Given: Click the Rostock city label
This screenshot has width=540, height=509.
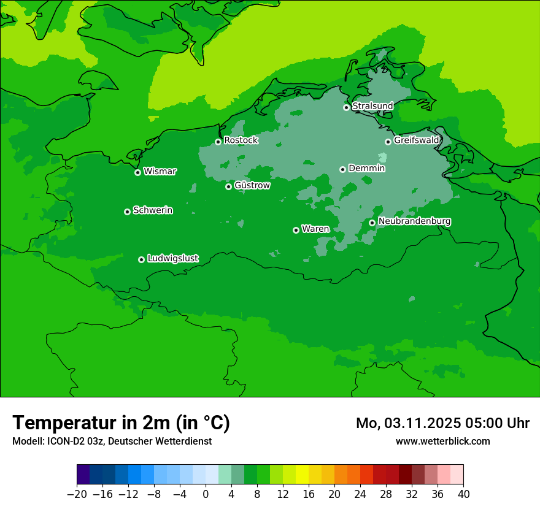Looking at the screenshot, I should coord(241,140).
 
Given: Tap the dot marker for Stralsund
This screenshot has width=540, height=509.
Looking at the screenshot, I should coord(346,107).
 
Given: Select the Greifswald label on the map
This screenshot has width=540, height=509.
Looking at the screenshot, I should coord(416,140).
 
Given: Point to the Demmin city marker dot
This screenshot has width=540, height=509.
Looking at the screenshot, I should coord(342,169).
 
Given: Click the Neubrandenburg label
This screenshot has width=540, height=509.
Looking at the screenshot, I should coord(414,221).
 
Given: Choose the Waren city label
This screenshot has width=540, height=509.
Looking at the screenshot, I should coord(315,229).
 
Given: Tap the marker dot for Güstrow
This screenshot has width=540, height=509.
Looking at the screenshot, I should coord(228,186).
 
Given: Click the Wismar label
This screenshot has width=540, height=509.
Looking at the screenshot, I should coord(160,172).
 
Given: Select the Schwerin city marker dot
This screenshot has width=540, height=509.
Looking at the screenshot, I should coord(127,212).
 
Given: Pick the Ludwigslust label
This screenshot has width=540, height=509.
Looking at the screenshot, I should coord(172,259).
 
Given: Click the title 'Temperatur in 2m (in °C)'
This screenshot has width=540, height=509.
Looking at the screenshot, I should coord(121,423).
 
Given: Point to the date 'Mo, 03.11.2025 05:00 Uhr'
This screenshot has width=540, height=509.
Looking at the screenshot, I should coord(442,423).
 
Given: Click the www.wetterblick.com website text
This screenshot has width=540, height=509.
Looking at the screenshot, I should coord(442,441).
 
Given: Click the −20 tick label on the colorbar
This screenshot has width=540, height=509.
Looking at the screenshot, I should coord(77,494).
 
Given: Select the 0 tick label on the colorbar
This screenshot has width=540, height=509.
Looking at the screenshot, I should coord(206,494).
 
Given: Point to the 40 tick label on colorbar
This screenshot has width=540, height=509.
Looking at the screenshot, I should coord(463,494).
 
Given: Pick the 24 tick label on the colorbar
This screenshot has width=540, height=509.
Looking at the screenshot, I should coord(360,494).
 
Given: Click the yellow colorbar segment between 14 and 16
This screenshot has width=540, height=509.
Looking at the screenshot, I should coord(302,475).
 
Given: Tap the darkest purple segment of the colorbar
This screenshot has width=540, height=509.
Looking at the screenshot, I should coord(83,475).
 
